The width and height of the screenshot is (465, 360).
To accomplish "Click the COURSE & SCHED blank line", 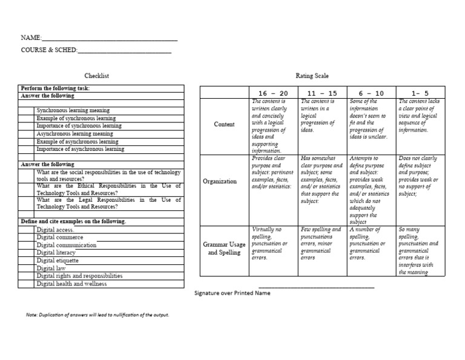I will [124, 51].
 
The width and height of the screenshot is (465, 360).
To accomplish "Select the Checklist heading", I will [97, 76].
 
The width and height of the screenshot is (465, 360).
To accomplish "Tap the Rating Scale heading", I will [312, 76].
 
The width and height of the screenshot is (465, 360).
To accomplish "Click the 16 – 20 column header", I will [274, 93].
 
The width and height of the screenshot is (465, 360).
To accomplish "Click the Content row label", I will [224, 124].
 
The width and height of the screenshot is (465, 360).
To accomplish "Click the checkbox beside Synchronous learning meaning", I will [27, 111].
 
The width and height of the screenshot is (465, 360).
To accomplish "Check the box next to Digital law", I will [27, 268].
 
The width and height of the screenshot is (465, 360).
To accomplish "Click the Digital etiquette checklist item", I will [58, 261].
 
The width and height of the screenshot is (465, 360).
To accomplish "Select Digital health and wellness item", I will [71, 284].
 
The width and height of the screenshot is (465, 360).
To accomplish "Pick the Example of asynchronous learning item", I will [77, 141].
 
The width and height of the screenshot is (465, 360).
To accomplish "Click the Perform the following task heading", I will [55, 88].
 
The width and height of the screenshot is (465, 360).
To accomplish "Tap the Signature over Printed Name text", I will [232, 293].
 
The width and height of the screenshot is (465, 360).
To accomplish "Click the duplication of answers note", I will [97, 315].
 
